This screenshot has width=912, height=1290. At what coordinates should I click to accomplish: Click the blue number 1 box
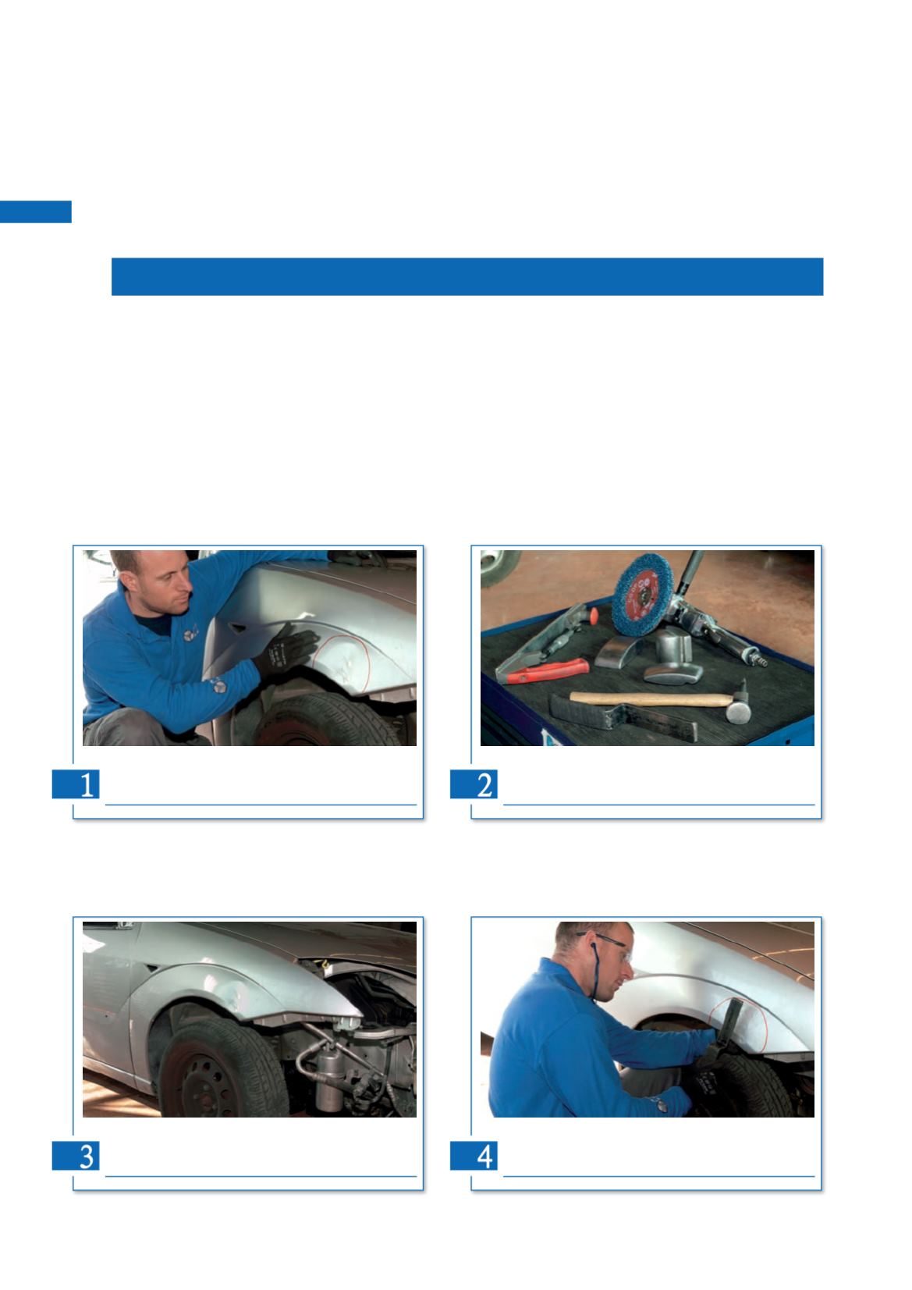76,784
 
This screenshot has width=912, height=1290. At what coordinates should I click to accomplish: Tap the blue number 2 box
474,784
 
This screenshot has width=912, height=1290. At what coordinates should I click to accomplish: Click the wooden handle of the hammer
651,699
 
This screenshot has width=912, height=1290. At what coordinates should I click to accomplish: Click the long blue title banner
467,276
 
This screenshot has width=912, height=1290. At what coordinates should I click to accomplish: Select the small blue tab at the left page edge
36,211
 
